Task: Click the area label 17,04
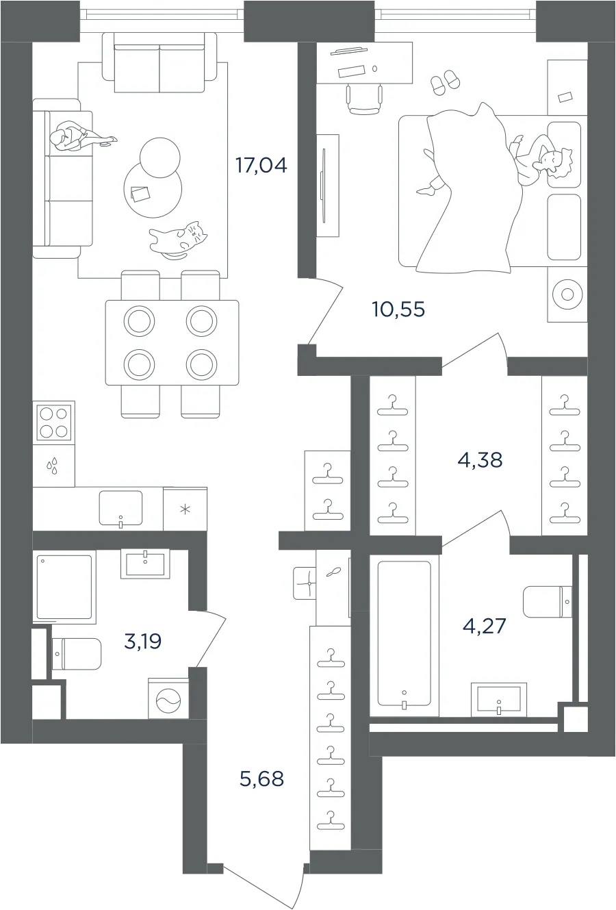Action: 261,165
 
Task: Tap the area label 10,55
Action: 398,309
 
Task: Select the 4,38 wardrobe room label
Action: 480,461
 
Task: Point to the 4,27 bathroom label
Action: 484,626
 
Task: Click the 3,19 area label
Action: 142,642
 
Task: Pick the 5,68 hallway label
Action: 261,779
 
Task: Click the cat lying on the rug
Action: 178,240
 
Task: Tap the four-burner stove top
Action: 53,422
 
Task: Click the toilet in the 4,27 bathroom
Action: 547,602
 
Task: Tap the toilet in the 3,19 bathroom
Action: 77,654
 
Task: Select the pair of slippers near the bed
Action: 445,82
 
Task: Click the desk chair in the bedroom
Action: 365,99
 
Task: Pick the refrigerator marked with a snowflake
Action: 185,509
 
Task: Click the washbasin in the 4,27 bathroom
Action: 499,699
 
